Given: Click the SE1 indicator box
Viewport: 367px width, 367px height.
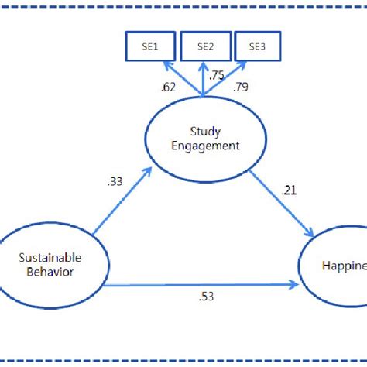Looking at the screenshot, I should click(x=150, y=47).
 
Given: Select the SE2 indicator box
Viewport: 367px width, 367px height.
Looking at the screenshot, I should click(x=204, y=47).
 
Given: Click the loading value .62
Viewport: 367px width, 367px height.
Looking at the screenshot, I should click(x=169, y=87).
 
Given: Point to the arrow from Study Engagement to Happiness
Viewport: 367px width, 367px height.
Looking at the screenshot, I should click(x=283, y=204).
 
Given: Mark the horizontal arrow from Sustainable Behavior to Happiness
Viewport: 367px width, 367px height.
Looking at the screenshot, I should click(x=201, y=285).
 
